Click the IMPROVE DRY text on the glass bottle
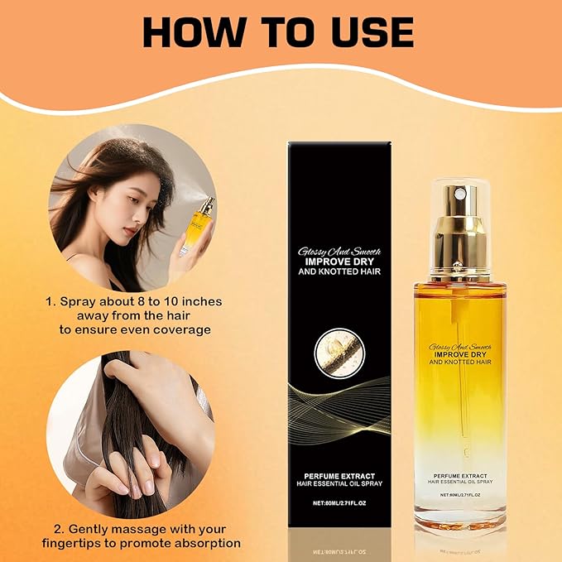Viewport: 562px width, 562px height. pos(459,353)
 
